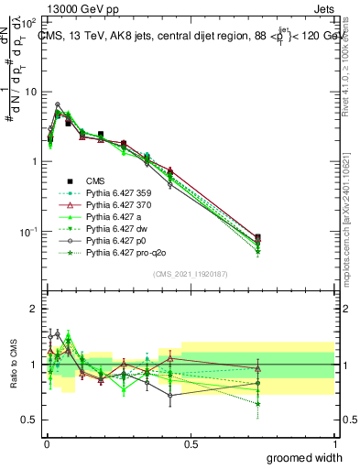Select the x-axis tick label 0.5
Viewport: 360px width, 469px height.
click(x=190, y=443)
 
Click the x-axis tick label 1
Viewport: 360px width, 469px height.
click(x=334, y=443)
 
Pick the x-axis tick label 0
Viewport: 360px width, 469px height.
click(x=46, y=443)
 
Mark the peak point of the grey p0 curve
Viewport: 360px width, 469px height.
click(x=58, y=104)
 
